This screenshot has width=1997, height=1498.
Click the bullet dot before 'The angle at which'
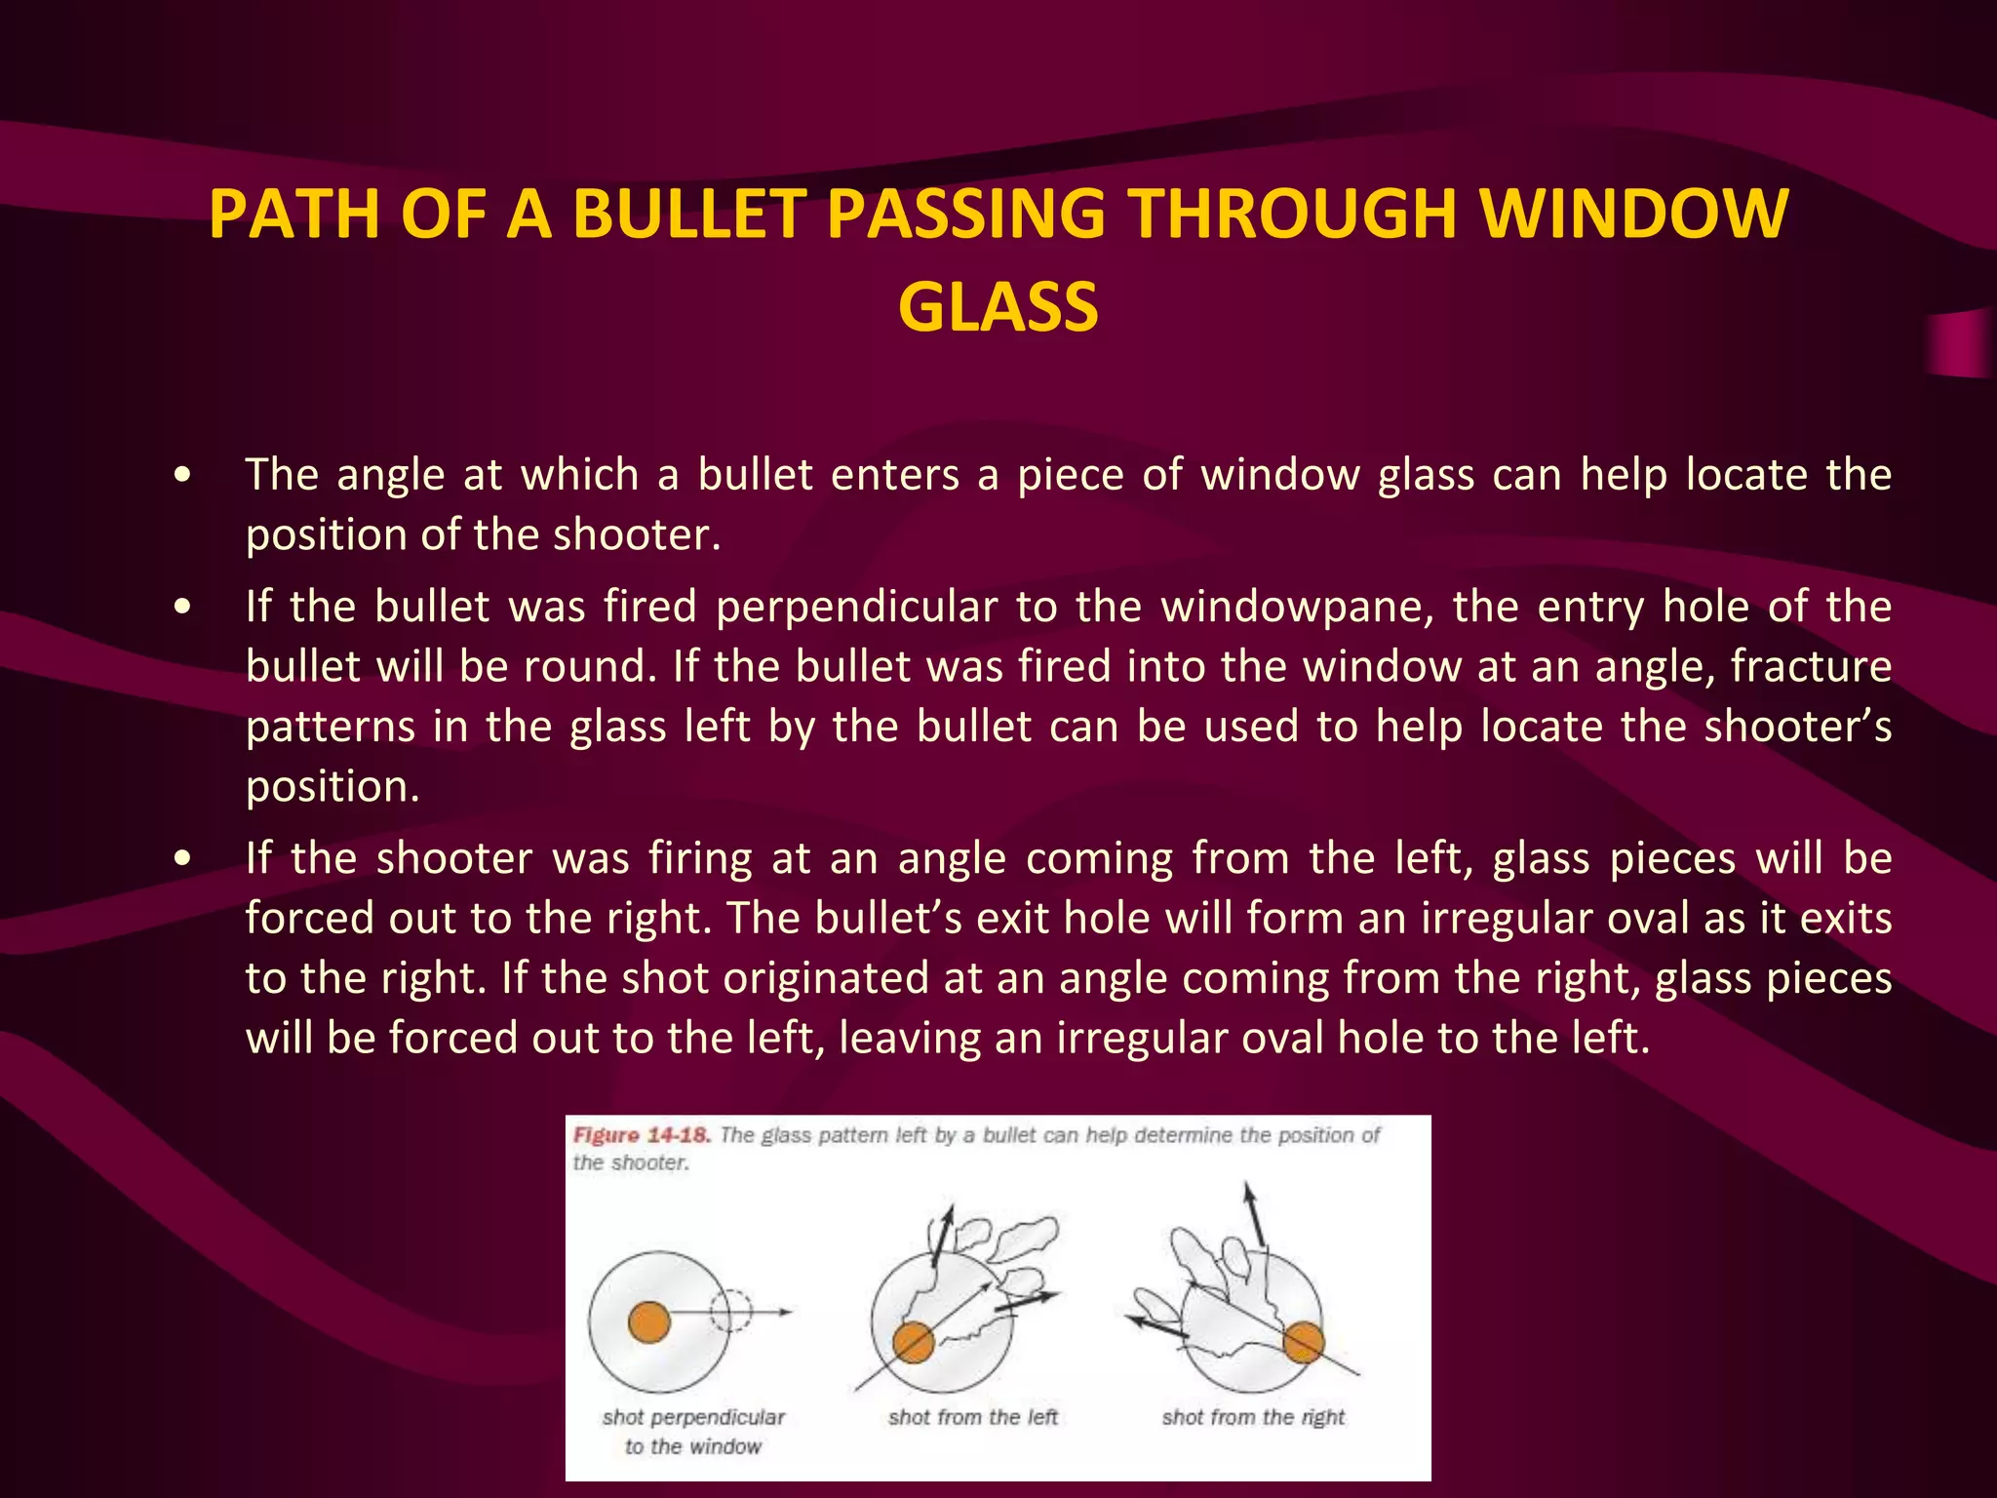[x=181, y=476]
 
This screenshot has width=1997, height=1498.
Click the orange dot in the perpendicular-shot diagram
[x=649, y=1322]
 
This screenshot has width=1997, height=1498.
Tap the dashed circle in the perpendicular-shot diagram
[x=730, y=1312]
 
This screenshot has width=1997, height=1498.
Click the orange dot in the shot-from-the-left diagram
[x=914, y=1343]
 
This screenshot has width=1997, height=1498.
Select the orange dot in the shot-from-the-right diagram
[x=1303, y=1342]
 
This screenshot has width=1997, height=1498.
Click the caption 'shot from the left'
[x=972, y=1417]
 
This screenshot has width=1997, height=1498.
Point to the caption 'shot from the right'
[x=1252, y=1417]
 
